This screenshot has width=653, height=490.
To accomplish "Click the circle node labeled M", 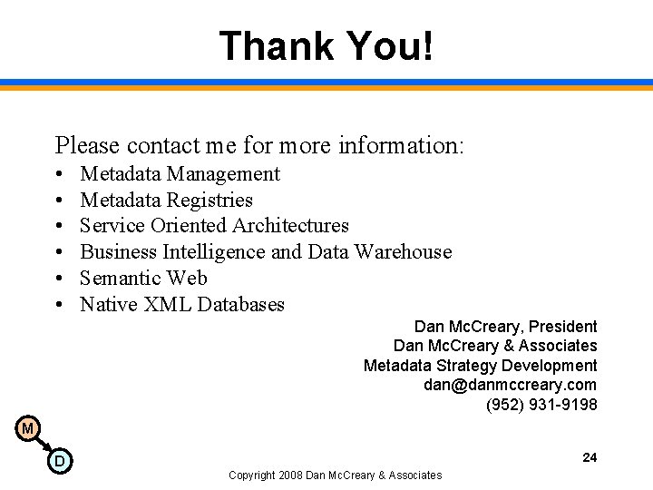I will (28, 428).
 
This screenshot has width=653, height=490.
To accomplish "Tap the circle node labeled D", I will (59, 461).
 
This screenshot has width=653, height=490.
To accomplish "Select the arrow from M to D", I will (43, 444).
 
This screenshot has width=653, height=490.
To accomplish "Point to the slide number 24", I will (590, 457).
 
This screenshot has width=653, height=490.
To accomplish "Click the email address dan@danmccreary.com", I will (510, 385).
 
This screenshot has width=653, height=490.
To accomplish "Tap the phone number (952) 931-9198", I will (541, 405).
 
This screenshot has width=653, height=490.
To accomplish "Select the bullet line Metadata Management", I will (180, 173).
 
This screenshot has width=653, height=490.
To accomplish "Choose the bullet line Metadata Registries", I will (166, 200).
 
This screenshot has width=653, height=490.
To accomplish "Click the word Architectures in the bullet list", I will (290, 225).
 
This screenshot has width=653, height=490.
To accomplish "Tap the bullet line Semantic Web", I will (143, 278).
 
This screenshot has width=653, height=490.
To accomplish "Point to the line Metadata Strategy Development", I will (480, 366).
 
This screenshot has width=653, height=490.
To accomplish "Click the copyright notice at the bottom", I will (335, 475).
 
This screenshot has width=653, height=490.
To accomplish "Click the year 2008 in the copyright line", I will (291, 475).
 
